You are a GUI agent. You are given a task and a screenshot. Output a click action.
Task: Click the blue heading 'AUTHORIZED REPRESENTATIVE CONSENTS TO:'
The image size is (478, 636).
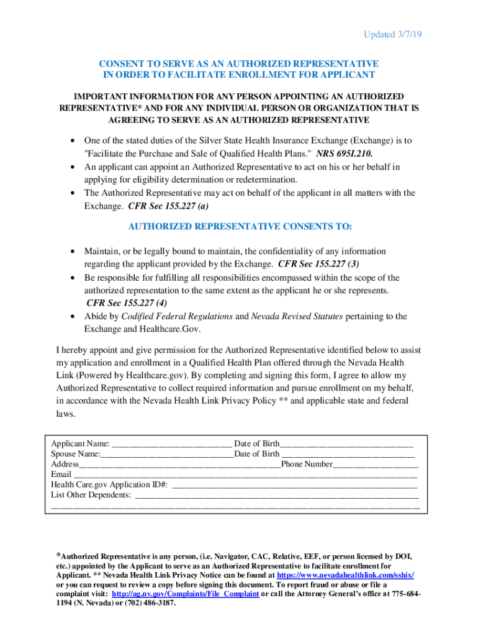pyautogui.click(x=240, y=227)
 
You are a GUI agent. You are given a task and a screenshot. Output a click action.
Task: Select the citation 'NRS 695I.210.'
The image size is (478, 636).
pyautogui.click(x=345, y=153)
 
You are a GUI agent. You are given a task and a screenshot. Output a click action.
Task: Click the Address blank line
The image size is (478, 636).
pyautogui.click(x=179, y=465)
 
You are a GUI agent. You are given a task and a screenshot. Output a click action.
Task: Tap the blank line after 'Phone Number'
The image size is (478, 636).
pyautogui.click(x=376, y=465)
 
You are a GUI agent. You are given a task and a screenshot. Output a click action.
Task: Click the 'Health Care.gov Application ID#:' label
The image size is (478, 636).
pyautogui.click(x=109, y=484)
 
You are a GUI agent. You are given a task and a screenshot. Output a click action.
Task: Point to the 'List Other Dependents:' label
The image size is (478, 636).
pyautogui.click(x=91, y=495)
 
